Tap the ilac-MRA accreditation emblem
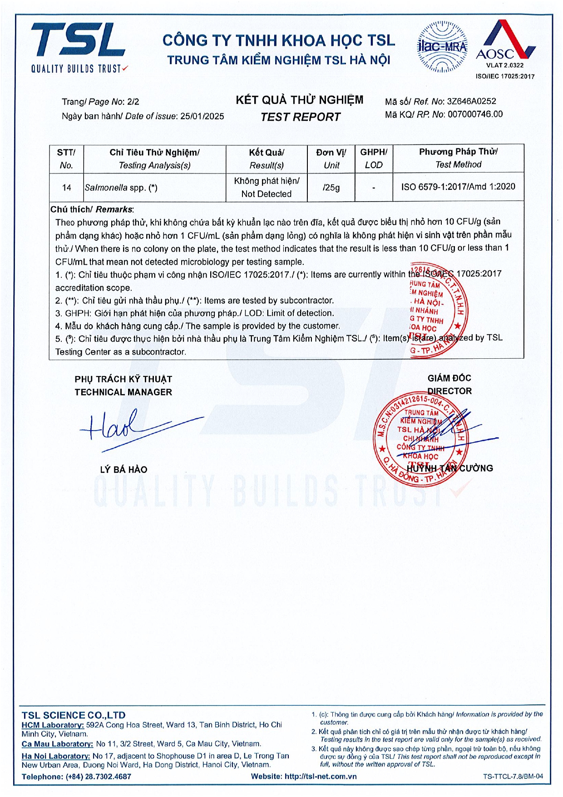(442, 47)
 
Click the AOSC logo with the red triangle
(505, 43)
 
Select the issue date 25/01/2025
(202, 116)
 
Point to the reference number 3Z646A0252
(471, 101)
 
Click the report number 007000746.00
(475, 114)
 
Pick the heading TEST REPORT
(300, 117)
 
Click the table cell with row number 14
(67, 188)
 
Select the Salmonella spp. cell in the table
(121, 188)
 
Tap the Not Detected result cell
(267, 188)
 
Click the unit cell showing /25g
(331, 188)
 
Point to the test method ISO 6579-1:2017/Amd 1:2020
(458, 187)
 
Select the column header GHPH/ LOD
(374, 158)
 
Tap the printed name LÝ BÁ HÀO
(123, 470)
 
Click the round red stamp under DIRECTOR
(420, 440)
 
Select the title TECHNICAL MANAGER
(123, 392)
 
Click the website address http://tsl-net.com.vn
(321, 777)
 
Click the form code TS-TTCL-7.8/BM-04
(513, 777)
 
